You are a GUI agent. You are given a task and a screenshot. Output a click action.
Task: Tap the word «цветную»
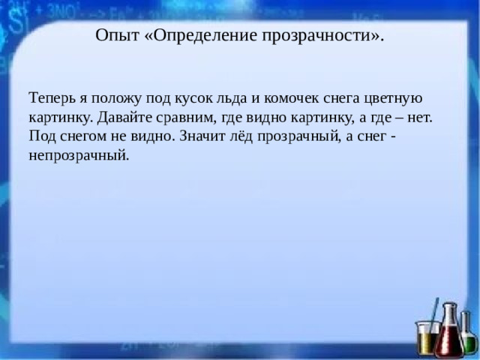click(x=397, y=97)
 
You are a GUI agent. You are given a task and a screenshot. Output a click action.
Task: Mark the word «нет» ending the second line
click(x=420, y=117)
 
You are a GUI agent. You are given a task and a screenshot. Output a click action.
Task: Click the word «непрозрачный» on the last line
click(x=79, y=156)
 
